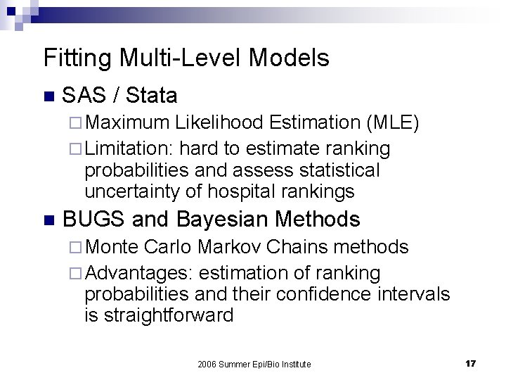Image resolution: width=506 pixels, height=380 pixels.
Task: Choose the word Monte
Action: tap(115, 248)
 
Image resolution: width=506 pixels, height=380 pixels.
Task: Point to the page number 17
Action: tap(470, 363)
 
